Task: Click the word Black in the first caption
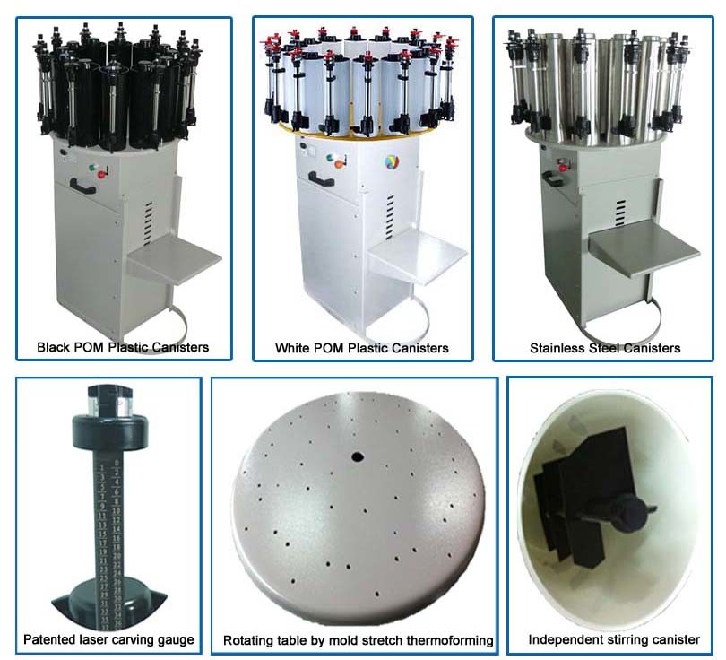coord(52,347)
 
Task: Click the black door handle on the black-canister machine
coord(83,186)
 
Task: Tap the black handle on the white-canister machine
coord(321,178)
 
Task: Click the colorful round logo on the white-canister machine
coord(392,162)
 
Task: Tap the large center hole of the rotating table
coord(357,457)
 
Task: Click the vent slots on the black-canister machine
coord(148,223)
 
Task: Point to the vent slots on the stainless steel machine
coord(620,213)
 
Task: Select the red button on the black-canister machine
coord(101,174)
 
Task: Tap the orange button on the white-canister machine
coord(340,163)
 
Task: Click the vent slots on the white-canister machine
coord(390,217)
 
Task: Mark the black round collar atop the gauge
coord(110,430)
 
